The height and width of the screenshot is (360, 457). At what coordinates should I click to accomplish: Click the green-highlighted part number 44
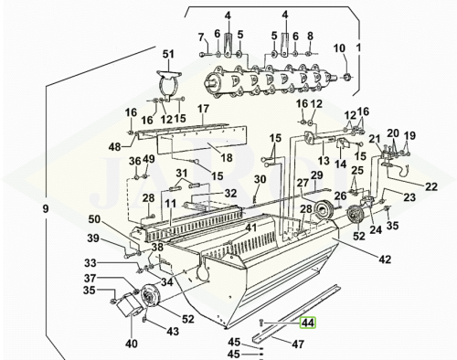(x=308, y=323)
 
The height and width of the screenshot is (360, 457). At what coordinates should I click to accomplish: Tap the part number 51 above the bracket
(x=168, y=54)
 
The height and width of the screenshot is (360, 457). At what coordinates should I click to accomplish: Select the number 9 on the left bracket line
(x=46, y=209)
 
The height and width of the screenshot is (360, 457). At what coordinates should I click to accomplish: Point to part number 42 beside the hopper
(x=385, y=259)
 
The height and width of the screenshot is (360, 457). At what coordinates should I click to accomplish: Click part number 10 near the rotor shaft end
(x=339, y=48)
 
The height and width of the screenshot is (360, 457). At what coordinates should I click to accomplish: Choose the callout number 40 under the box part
(x=132, y=344)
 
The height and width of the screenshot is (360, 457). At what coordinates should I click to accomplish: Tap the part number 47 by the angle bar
(x=298, y=344)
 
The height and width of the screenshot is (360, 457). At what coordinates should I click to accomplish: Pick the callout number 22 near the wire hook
(x=431, y=186)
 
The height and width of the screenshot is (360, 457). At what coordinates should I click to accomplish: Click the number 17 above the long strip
(x=203, y=109)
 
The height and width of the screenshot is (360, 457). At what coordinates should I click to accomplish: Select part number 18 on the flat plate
(x=227, y=158)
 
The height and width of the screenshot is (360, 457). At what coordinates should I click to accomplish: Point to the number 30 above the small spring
(x=260, y=179)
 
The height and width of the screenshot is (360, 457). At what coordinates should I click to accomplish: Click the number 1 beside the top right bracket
(x=358, y=48)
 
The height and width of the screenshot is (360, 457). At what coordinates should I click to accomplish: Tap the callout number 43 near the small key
(x=173, y=331)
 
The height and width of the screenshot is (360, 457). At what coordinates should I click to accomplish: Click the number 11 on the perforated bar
(x=171, y=204)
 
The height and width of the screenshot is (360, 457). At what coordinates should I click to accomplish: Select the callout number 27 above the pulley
(x=303, y=183)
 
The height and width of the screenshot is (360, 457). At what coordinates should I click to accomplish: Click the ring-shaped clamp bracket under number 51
(x=168, y=84)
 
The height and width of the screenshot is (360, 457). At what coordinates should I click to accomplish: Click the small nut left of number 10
(x=346, y=77)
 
